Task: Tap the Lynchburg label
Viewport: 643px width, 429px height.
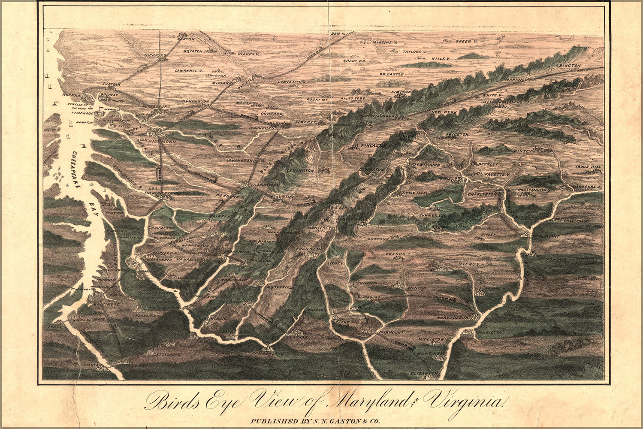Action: [261, 128]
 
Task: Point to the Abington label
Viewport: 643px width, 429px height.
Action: [568, 66]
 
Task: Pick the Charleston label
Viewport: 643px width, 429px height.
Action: [482, 194]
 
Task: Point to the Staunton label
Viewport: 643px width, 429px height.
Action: [282, 196]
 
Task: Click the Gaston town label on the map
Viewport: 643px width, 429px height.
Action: [186, 39]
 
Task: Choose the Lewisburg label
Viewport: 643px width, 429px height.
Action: [427, 165]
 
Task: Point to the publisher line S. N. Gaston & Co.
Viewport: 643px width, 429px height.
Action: [315, 421]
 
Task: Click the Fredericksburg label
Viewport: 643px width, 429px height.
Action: [161, 193]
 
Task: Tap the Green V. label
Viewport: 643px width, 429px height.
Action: [466, 42]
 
